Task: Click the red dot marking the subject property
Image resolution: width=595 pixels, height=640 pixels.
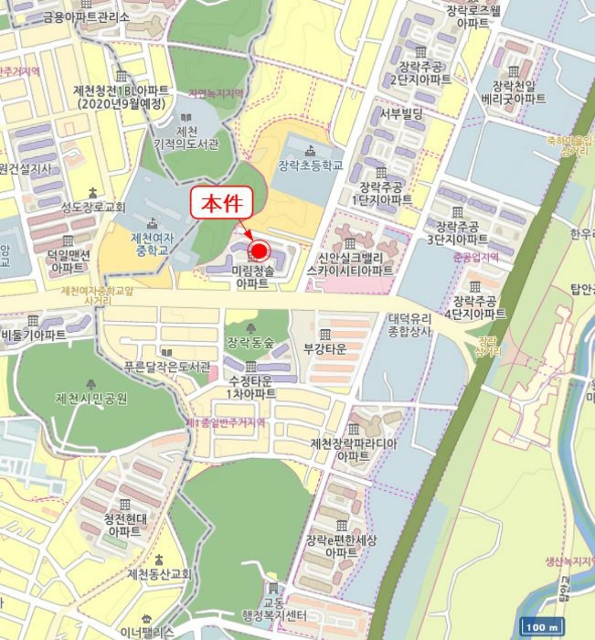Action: click(x=258, y=251)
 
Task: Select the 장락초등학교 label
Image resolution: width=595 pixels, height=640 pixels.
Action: click(x=311, y=165)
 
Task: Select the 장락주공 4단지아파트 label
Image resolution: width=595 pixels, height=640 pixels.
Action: click(x=475, y=307)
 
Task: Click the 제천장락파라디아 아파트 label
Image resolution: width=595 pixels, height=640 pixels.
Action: click(x=352, y=449)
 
